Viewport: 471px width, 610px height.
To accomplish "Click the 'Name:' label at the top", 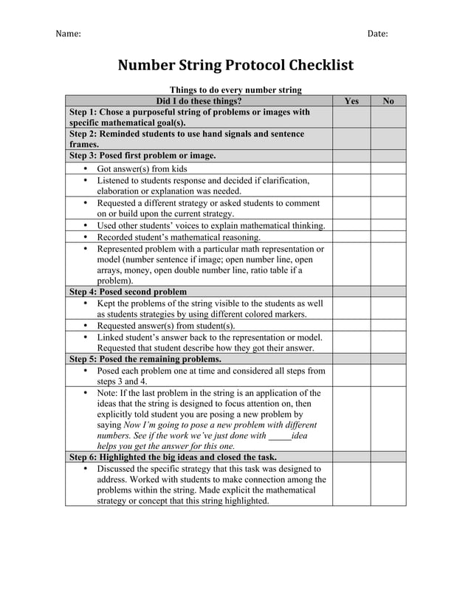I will click(x=69, y=34).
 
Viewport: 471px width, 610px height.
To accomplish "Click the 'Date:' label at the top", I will click(x=377, y=34).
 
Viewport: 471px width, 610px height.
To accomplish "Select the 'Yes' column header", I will click(x=351, y=101).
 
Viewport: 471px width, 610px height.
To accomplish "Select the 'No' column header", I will click(x=388, y=101).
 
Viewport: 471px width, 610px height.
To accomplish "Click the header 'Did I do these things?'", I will click(x=199, y=101).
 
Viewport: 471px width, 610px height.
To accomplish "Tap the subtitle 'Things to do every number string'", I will click(x=235, y=90).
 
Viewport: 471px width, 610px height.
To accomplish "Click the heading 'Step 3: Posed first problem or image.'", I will click(x=142, y=156).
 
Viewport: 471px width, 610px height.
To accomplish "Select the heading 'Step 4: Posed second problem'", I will click(x=128, y=292).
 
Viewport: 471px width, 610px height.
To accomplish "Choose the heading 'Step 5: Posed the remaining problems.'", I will click(x=145, y=359).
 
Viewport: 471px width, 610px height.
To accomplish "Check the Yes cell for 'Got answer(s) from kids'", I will click(x=351, y=168).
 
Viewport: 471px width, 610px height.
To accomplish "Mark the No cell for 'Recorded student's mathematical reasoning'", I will click(x=388, y=238).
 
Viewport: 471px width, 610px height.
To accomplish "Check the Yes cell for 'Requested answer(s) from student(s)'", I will click(x=351, y=326).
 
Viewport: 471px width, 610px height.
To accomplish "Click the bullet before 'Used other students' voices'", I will click(x=86, y=226).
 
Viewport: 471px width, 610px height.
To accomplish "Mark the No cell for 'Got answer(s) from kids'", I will click(x=388, y=168).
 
